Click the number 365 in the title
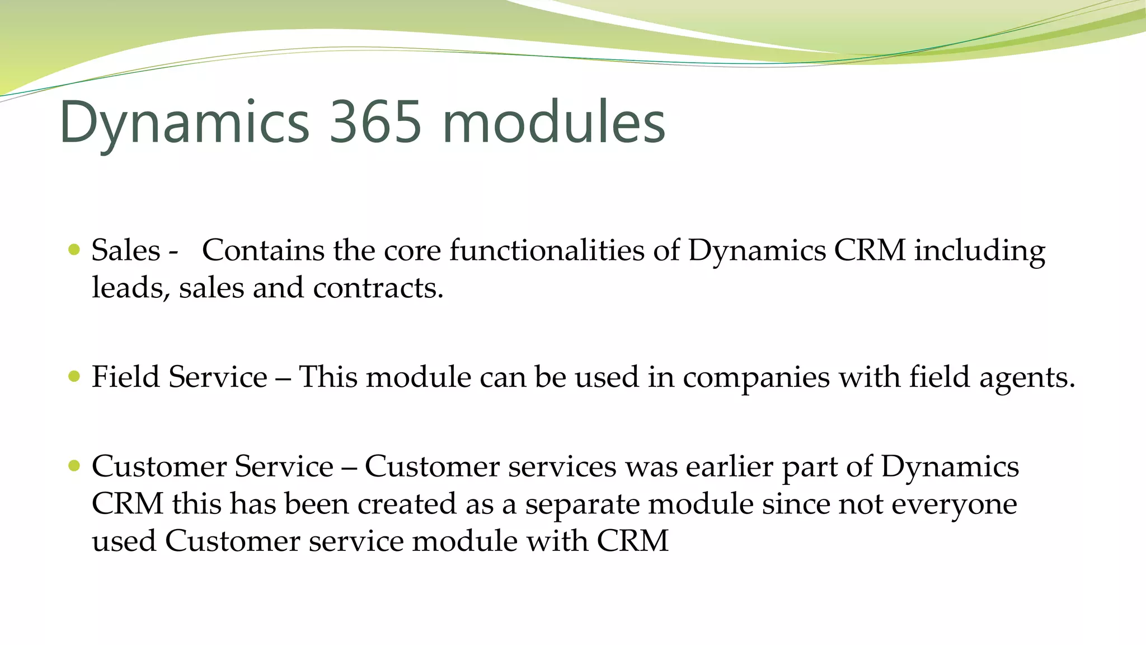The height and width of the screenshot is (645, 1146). [x=374, y=122]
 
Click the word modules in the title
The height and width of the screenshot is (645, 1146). [x=553, y=122]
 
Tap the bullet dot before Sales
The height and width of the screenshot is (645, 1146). [x=74, y=249]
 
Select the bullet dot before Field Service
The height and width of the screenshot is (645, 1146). [x=74, y=376]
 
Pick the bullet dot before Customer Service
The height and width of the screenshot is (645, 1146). [x=74, y=465]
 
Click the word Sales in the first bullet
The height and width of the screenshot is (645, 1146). [x=126, y=250]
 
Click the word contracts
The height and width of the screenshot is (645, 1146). [x=378, y=288]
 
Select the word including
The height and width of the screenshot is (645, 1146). [x=979, y=251]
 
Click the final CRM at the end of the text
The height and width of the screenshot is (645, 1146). [x=632, y=541]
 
